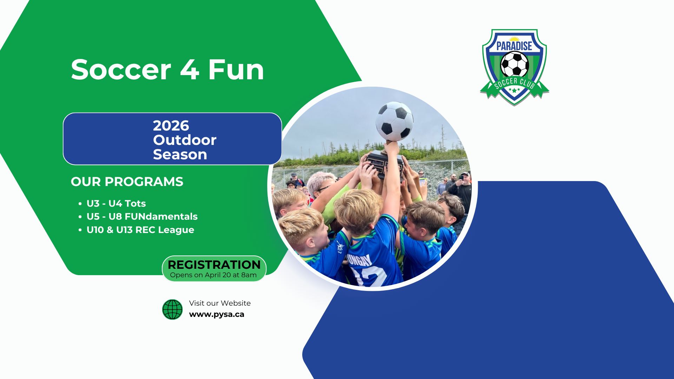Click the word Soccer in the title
pos(121,69)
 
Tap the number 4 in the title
pos(190,69)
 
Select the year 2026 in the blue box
pos(171,126)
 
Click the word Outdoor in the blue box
pos(185,140)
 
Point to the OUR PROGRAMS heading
pos(127,182)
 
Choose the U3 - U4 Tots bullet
pos(116,204)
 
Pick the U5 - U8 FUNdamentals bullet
pos(142,217)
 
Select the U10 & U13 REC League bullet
pos(140,230)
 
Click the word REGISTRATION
pos(214,265)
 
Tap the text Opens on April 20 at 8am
pos(213,275)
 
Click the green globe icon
pos(172,310)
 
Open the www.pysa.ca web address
pos(217,314)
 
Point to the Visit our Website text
pos(220,303)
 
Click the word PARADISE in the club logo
pos(514,46)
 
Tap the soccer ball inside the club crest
pos(515,65)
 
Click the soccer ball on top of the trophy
pos(395,121)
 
